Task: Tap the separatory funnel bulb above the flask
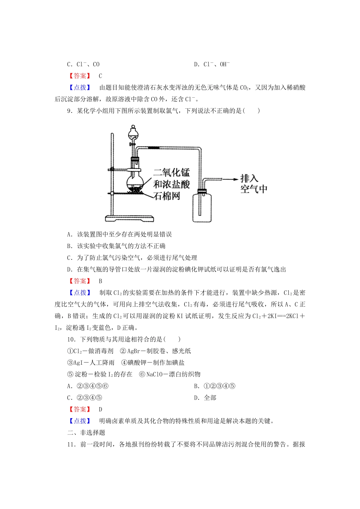133,133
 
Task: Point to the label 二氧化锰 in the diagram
171,173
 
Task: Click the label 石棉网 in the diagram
167,196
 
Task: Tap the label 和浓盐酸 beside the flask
171,184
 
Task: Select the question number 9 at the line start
69,111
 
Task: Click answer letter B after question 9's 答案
100,281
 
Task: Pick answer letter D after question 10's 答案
100,409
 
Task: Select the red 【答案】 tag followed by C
80,76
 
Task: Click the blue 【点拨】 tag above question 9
80,87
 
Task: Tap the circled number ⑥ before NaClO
142,374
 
